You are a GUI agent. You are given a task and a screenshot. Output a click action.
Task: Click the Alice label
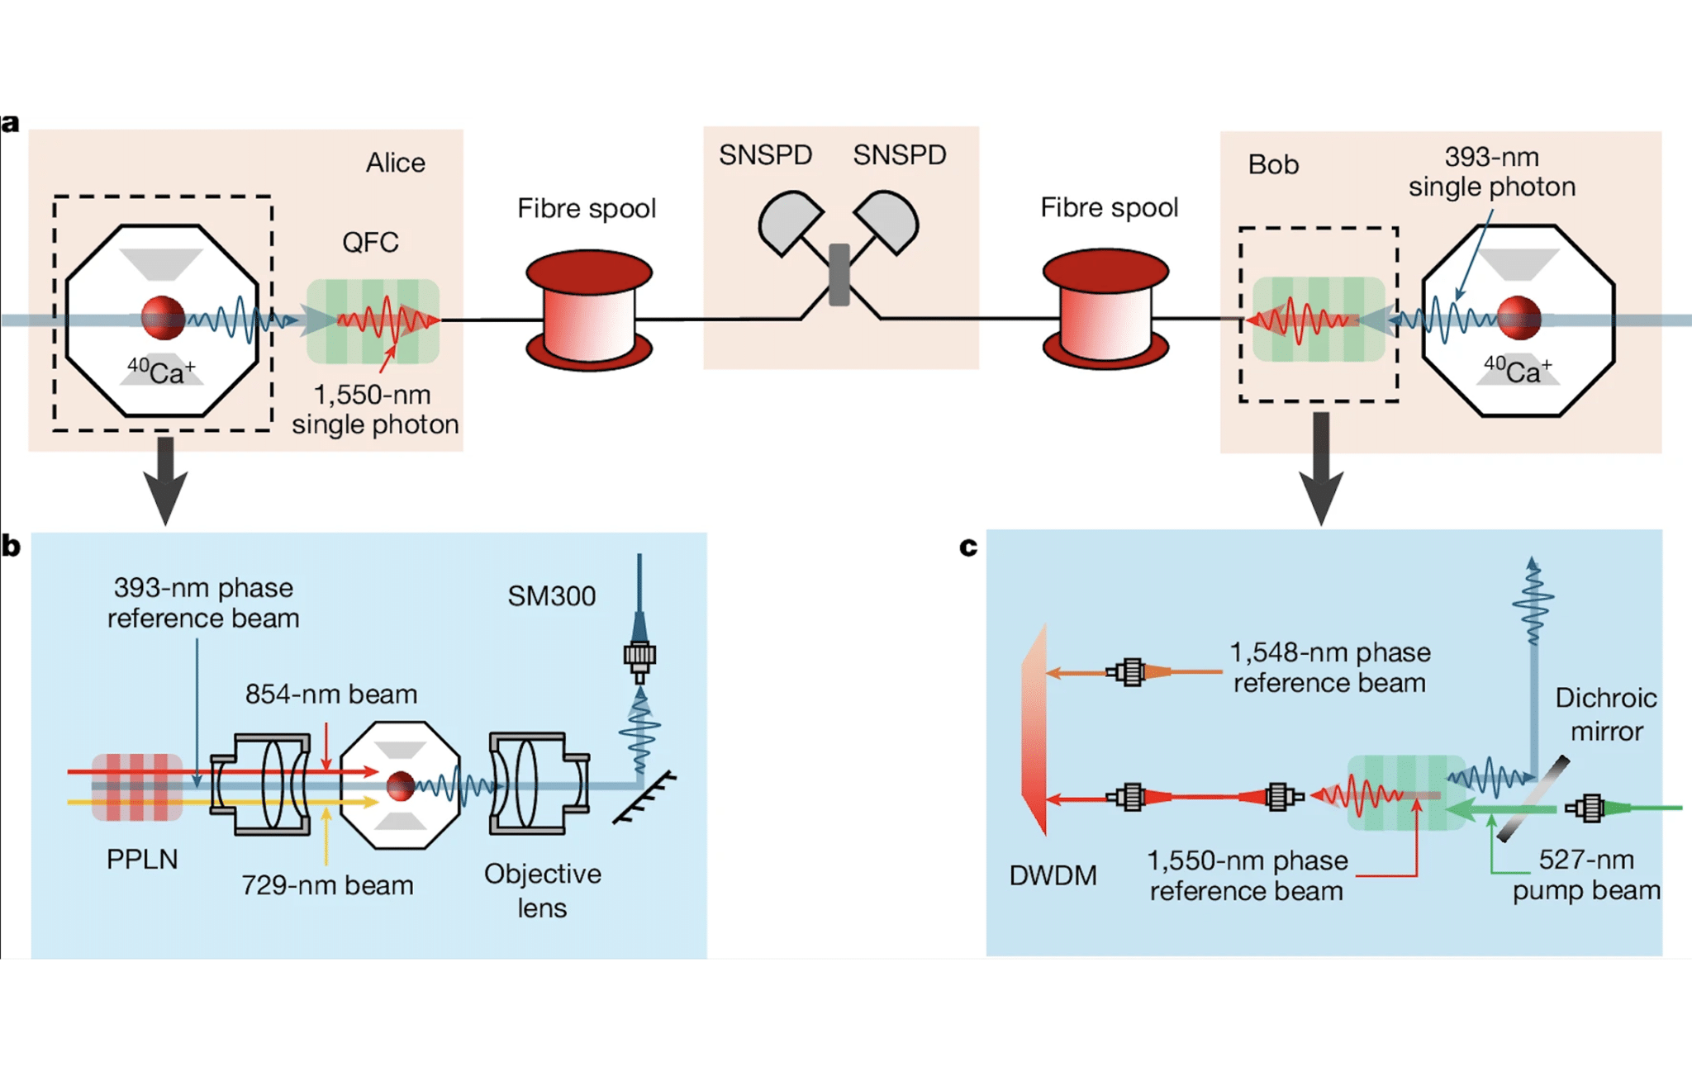pyautogui.click(x=395, y=163)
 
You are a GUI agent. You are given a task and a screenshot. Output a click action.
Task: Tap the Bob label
pyautogui.click(x=1272, y=164)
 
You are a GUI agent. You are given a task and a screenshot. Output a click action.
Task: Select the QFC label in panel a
pyautogui.click(x=370, y=242)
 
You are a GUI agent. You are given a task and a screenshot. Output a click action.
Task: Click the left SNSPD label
pyautogui.click(x=765, y=155)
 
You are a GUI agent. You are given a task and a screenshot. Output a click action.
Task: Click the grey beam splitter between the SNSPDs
pyautogui.click(x=839, y=274)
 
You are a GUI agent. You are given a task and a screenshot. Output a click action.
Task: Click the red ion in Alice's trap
pyautogui.click(x=163, y=318)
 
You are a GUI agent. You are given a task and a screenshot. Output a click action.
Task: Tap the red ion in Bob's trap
pyautogui.click(x=1519, y=318)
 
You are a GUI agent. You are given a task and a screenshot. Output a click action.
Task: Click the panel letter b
pyautogui.click(x=11, y=546)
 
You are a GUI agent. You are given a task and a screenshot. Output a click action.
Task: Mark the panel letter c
pyautogui.click(x=968, y=546)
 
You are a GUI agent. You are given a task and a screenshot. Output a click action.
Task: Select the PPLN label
pyautogui.click(x=142, y=859)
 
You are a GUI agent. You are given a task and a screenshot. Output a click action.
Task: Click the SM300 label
pyautogui.click(x=551, y=596)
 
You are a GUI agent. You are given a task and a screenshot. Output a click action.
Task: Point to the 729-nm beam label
pyautogui.click(x=327, y=885)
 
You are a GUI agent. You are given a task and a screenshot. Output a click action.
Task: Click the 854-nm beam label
pyautogui.click(x=330, y=694)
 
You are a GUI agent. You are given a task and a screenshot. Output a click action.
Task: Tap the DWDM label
pyautogui.click(x=1053, y=875)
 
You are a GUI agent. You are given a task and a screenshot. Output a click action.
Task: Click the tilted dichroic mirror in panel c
pyautogui.click(x=1533, y=799)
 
